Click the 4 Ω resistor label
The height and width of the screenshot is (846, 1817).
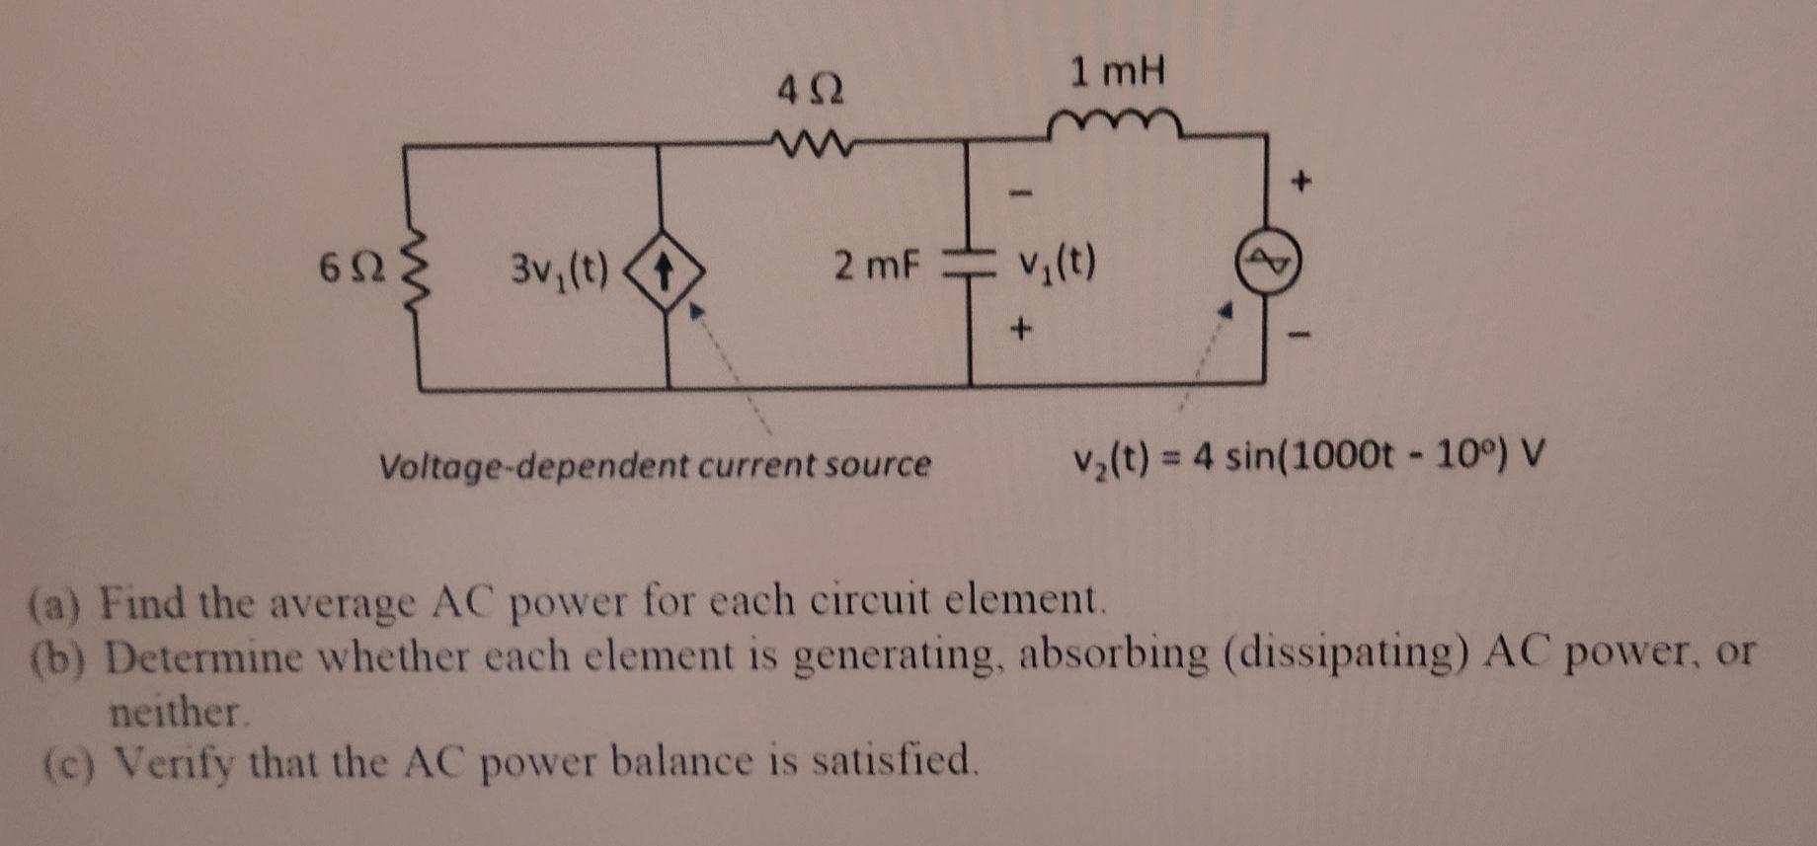pos(810,92)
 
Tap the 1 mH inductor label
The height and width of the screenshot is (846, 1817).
pos(1118,71)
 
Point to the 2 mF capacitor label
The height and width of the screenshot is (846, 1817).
pos(876,265)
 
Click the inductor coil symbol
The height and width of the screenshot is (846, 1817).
pos(1113,124)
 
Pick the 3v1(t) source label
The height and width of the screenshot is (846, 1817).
pos(559,268)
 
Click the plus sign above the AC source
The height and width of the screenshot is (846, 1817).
pos(1303,181)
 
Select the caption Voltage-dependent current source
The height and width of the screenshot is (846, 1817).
pos(655,464)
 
